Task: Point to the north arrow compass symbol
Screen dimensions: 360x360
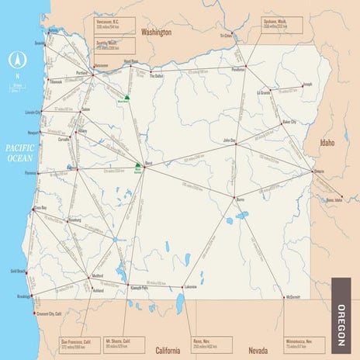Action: [x=15, y=60]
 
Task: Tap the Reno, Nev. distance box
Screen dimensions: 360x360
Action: [x=213, y=342]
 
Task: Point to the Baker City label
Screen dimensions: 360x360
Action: [x=289, y=122]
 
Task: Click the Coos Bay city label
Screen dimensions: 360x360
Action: [x=40, y=209]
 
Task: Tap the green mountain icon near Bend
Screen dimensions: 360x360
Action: [x=138, y=166]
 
